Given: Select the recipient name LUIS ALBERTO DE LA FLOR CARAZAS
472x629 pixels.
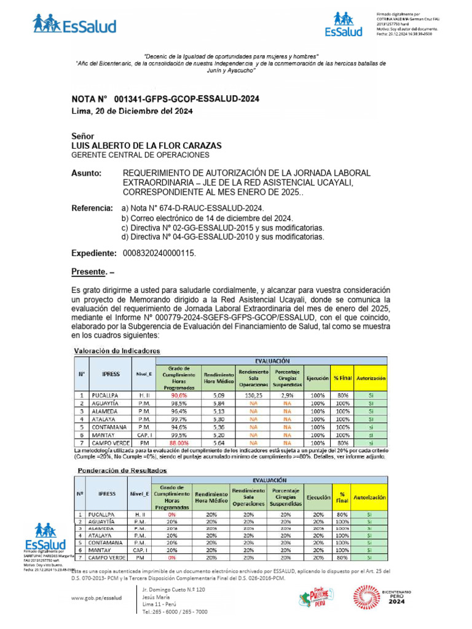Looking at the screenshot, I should click(147, 146).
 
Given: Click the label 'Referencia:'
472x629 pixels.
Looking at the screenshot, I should click(92, 209).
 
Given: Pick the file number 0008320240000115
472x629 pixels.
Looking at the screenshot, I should click(160, 253).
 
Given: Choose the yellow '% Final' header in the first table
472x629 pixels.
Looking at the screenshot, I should click(341, 378).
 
